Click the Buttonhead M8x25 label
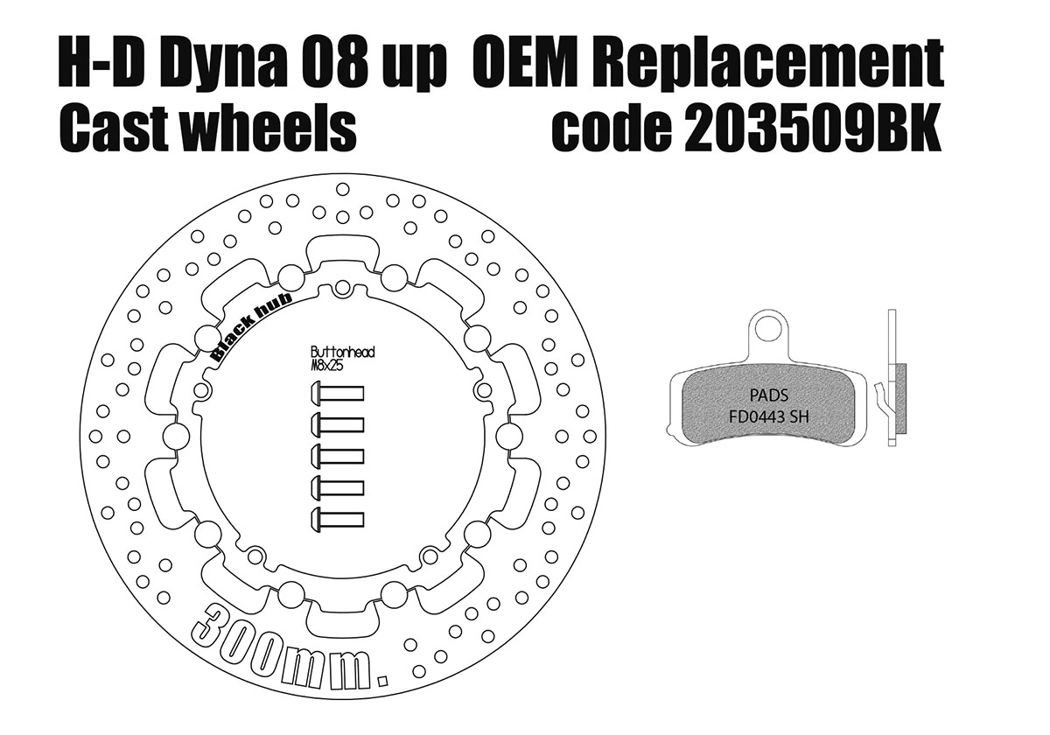(x=342, y=359)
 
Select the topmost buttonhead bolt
(x=337, y=394)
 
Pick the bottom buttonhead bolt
(x=337, y=518)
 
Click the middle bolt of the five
(x=337, y=456)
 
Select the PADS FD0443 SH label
(x=768, y=406)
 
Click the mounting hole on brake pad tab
(x=769, y=331)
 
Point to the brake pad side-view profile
(x=892, y=385)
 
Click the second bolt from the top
(x=337, y=425)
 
